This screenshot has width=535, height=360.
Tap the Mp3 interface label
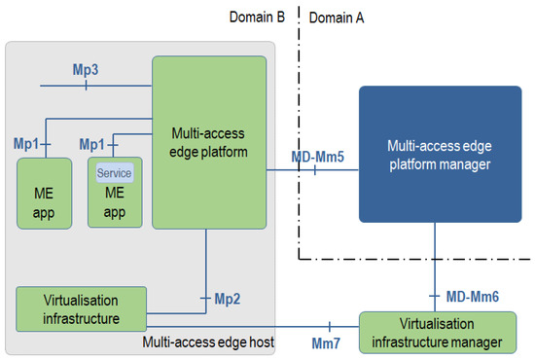tap(86, 71)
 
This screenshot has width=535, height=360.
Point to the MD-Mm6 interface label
tap(473, 295)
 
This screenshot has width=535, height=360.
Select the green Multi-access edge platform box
tap(208, 144)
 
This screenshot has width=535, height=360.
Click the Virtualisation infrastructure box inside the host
tap(81, 307)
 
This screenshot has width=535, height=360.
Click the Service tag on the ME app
tap(114, 172)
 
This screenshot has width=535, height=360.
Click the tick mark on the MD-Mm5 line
tap(315, 169)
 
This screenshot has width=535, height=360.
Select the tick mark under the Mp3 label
tap(86, 85)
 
